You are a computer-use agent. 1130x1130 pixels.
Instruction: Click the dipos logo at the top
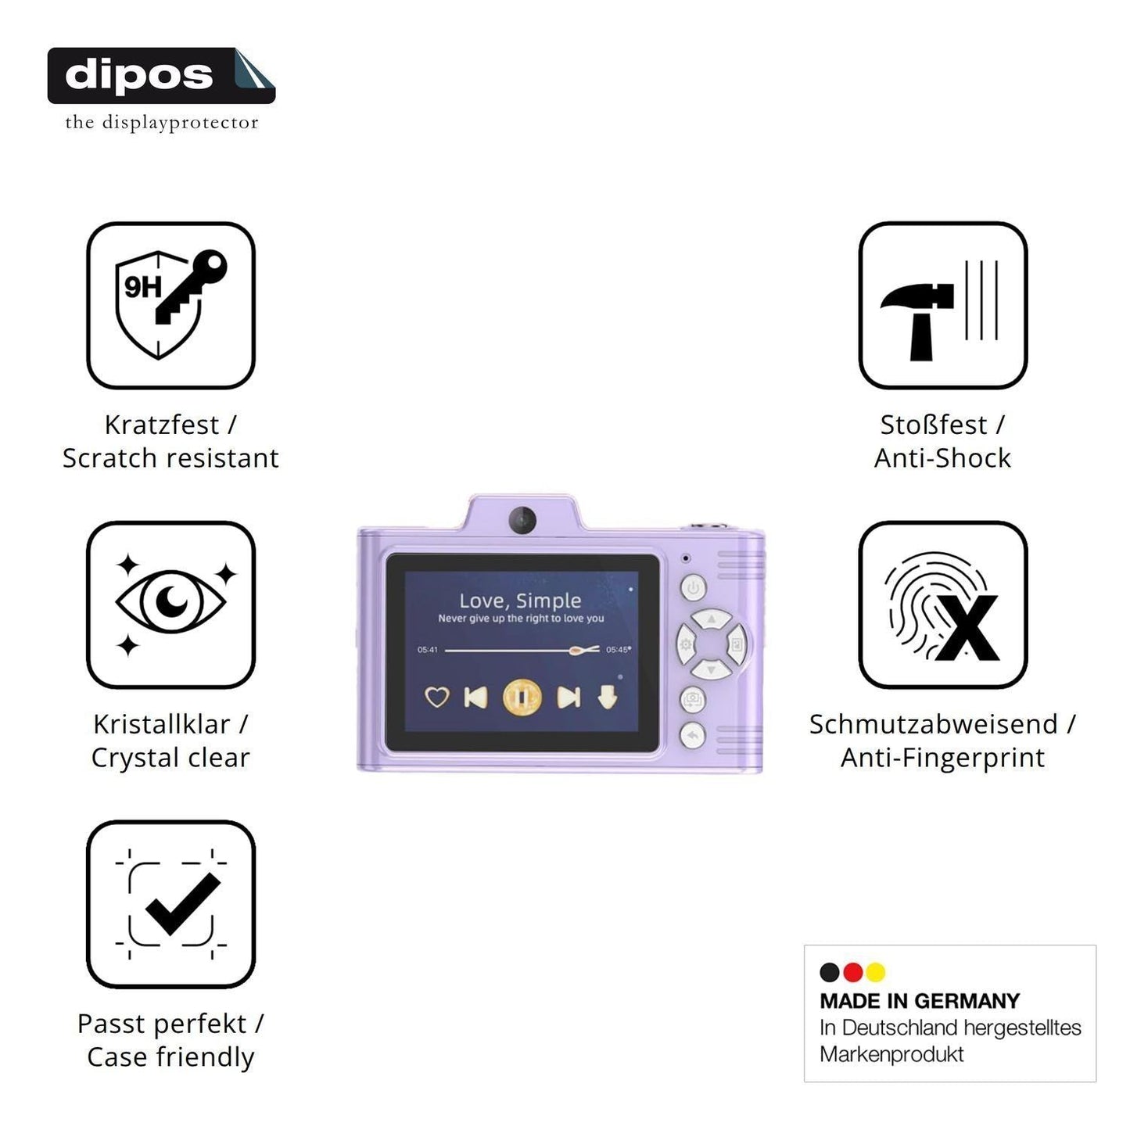[161, 76]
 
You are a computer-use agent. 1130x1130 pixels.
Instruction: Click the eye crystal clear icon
[170, 604]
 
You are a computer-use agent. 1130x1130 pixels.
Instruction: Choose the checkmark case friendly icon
[170, 904]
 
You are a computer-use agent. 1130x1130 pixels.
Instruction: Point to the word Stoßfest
[933, 425]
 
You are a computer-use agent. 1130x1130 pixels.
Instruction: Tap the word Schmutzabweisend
[933, 725]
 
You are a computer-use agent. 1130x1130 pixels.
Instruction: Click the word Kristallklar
[161, 725]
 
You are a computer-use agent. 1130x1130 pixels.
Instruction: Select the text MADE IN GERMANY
[920, 1001]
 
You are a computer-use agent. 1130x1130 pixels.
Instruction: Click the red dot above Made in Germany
[852, 972]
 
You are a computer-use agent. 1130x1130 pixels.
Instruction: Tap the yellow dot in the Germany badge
[876, 972]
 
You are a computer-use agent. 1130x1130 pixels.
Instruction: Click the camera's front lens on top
[522, 519]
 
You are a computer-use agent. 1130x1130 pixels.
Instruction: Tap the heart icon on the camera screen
[437, 698]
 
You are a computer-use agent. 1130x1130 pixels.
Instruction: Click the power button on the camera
[694, 587]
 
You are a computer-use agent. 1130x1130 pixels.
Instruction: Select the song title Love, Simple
[520, 601]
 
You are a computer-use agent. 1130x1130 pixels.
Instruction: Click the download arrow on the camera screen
[608, 698]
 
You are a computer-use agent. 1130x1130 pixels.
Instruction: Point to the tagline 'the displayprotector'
[162, 123]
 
